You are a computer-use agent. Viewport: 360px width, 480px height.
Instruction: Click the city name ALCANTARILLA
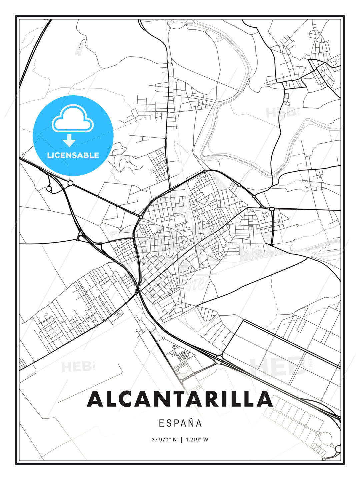[x=180, y=399]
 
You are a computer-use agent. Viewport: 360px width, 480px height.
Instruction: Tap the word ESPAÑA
[x=180, y=423]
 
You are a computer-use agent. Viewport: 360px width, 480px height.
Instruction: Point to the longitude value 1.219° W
[x=196, y=440]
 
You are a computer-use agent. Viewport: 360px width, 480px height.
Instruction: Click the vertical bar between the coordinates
[x=181, y=440]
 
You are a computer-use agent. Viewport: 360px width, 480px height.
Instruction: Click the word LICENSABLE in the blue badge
[x=73, y=155]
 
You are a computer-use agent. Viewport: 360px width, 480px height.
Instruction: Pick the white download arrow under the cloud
[x=69, y=141]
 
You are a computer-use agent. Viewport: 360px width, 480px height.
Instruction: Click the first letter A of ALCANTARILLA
[x=95, y=399]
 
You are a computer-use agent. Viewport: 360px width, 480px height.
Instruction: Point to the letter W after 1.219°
[x=206, y=440]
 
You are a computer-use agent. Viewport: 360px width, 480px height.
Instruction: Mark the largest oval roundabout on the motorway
[x=219, y=359]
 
